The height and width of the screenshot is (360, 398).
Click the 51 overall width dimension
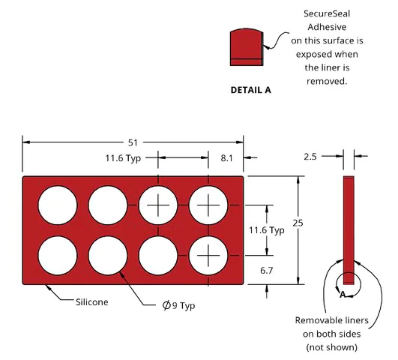[x=133, y=142]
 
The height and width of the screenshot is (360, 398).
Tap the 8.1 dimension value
[x=226, y=158]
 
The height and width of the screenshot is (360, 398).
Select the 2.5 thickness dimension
[x=310, y=157]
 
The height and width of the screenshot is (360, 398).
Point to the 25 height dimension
[x=298, y=223]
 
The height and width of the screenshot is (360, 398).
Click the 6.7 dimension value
[x=266, y=271]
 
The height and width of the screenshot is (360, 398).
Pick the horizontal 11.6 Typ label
[x=123, y=158]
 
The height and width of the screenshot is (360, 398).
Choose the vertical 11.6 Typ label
[x=267, y=230]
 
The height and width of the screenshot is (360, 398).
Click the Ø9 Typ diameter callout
[x=178, y=305]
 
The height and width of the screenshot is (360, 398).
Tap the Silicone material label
[x=92, y=302]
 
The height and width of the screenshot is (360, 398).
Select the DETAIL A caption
[x=251, y=90]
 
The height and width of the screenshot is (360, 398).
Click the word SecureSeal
[x=327, y=13]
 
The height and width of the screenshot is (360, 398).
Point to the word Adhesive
[x=327, y=27]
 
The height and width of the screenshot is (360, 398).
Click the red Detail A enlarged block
[x=247, y=47]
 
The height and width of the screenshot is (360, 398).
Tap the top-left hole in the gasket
[x=58, y=205]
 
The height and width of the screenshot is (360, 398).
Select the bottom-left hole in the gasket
[x=58, y=255]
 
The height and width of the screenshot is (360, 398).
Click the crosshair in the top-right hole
[x=208, y=205]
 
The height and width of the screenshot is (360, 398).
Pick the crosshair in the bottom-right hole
[x=208, y=255]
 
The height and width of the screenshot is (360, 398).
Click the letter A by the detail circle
[x=343, y=295]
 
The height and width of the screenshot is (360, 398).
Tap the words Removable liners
[x=331, y=320]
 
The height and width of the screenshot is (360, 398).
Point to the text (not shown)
[x=331, y=347]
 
